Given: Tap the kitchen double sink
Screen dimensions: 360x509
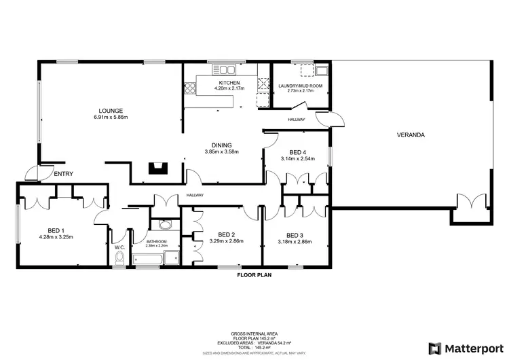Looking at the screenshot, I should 227,69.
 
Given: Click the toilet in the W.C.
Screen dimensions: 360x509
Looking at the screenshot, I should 120,256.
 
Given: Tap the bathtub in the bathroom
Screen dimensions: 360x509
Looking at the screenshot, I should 149,258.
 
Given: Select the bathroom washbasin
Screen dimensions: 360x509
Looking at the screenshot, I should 164,227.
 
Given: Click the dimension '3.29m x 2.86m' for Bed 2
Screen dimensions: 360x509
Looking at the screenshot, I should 227,241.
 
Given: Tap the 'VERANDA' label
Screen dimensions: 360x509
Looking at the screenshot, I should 411,135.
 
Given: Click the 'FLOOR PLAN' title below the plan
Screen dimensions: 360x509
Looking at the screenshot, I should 254,276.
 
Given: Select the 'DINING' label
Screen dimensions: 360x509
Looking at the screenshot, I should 221,145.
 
